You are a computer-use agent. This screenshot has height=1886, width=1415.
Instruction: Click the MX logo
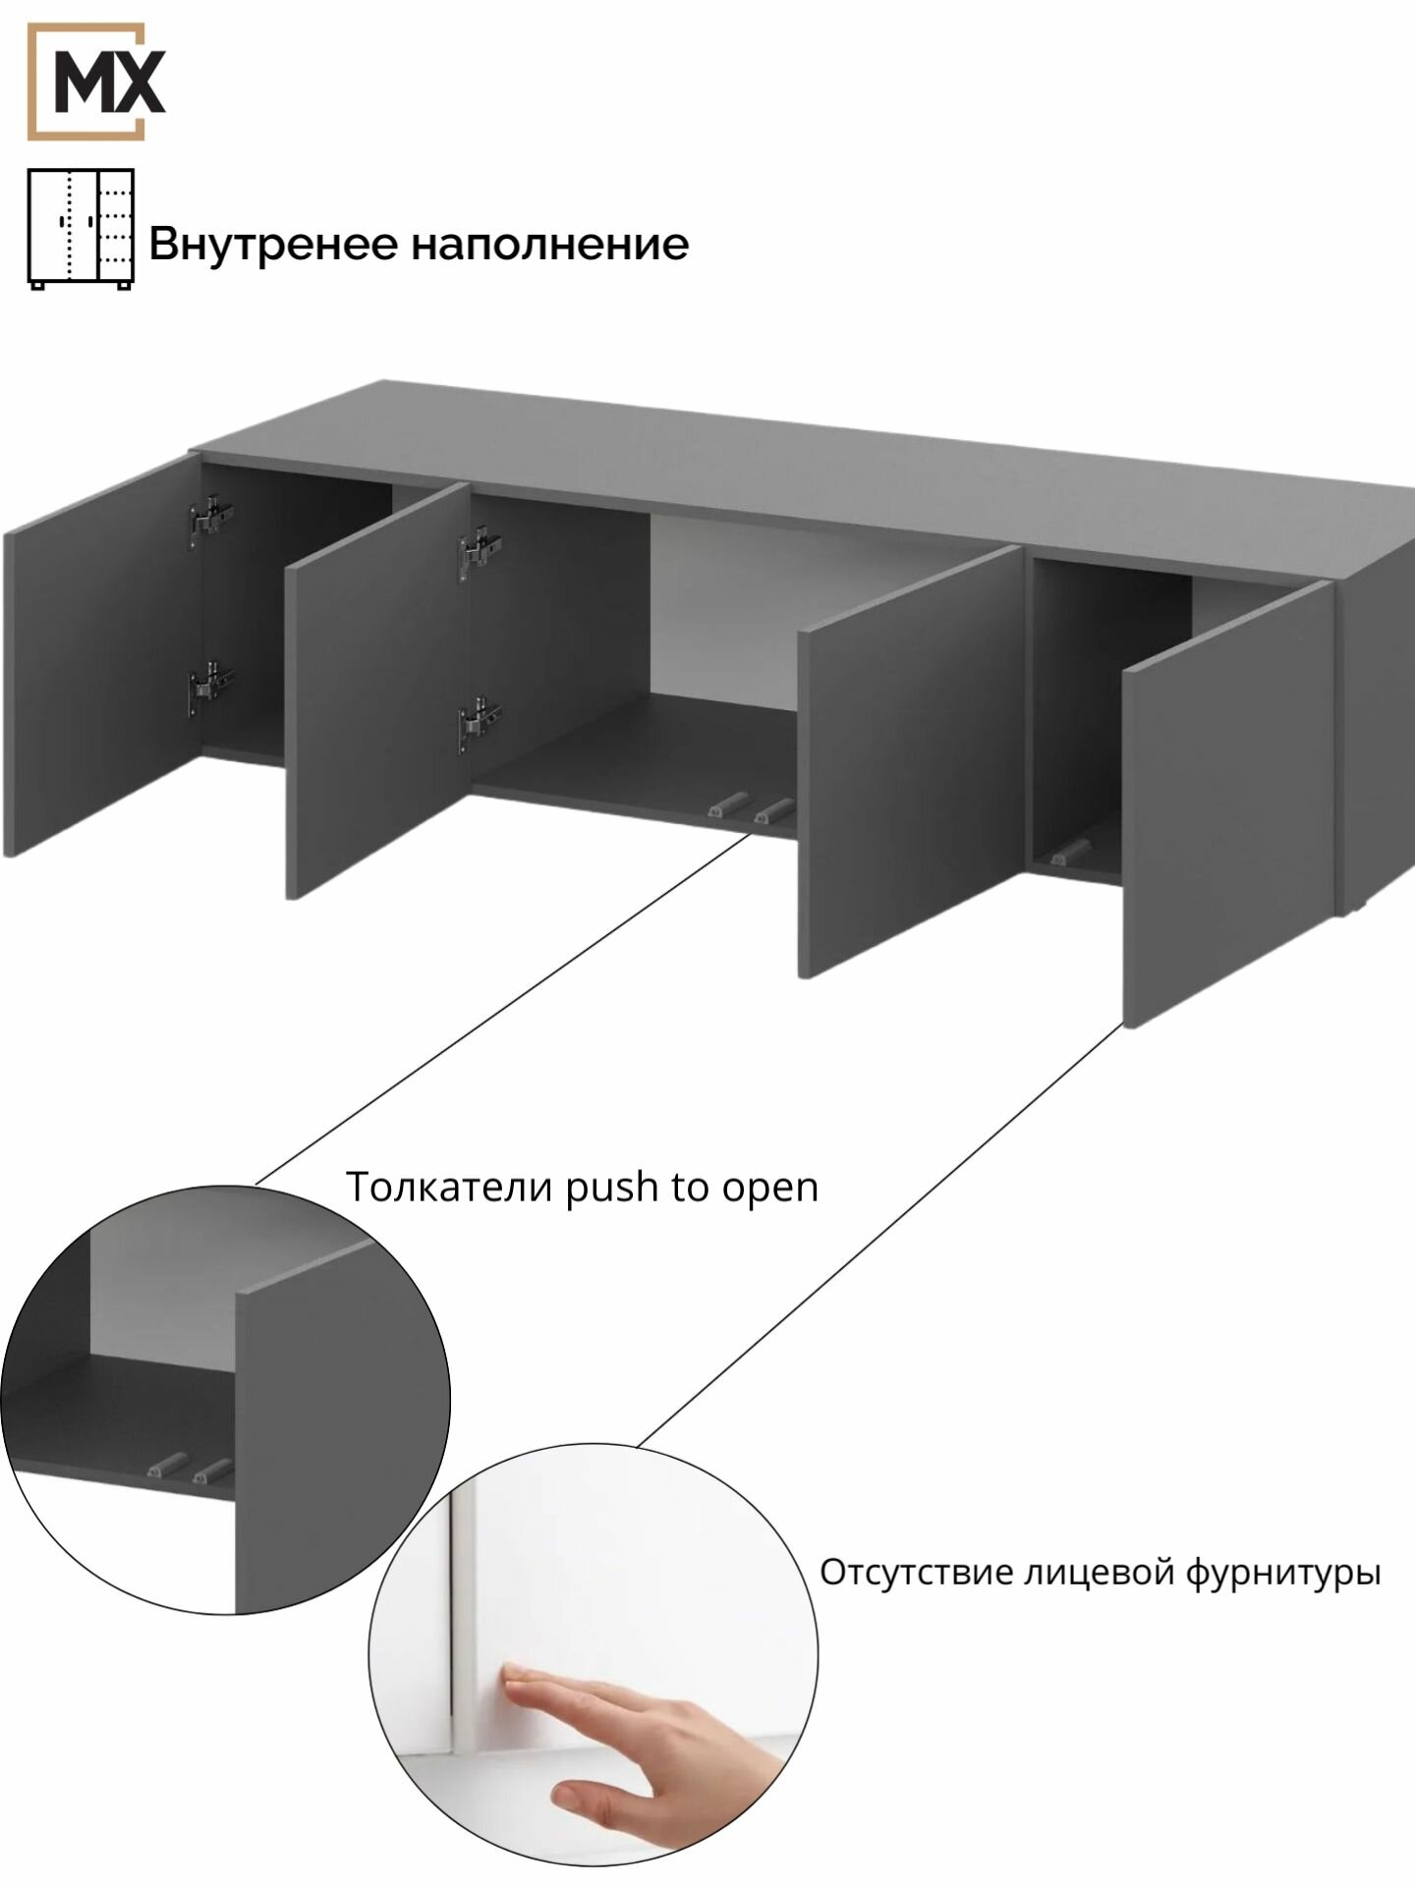click(95, 82)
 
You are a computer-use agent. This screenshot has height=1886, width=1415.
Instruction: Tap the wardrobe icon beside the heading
click(81, 229)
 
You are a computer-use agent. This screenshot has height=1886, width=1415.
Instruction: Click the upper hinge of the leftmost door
click(210, 517)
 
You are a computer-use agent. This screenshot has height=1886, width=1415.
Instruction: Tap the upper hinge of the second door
click(479, 550)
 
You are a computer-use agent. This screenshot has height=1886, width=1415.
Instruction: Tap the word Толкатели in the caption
click(451, 1187)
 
